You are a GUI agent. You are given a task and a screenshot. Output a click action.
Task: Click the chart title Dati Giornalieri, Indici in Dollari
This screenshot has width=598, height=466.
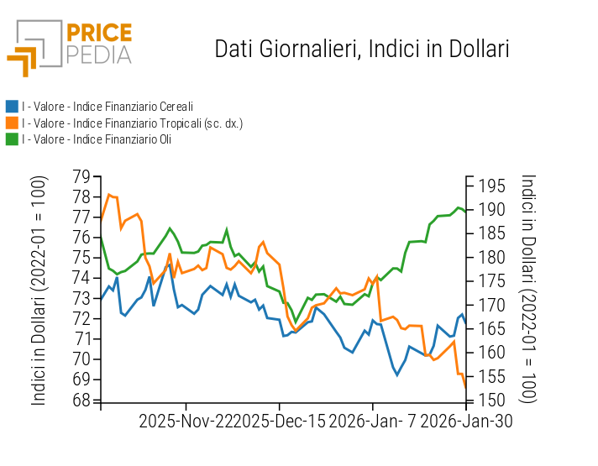tap(362, 49)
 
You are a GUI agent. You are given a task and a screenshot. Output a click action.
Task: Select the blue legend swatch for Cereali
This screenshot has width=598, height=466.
tap(12, 107)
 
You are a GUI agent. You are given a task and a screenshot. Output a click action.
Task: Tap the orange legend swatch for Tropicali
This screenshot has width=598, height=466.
tap(12, 123)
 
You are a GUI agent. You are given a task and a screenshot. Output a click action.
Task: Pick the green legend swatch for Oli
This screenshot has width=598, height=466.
tap(12, 139)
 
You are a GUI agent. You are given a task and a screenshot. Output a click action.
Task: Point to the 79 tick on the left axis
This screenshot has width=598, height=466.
tap(81, 176)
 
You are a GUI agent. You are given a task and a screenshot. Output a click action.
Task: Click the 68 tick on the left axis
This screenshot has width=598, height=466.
tap(81, 400)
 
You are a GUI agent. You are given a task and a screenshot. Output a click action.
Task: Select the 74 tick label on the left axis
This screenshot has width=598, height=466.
tap(81, 278)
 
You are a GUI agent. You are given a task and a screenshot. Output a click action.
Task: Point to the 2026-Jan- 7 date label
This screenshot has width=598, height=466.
tap(373, 420)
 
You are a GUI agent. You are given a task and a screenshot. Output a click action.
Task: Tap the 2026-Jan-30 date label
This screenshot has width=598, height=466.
tap(465, 420)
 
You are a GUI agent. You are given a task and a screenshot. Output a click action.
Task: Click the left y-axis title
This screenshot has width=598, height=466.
tap(39, 290)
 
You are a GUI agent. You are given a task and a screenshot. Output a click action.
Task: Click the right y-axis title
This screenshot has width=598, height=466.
tap(527, 290)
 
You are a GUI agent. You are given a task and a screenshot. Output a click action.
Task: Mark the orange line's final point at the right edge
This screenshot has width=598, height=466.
tap(465, 386)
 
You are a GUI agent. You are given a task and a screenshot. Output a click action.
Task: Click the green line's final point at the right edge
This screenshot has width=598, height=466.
tap(465, 211)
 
